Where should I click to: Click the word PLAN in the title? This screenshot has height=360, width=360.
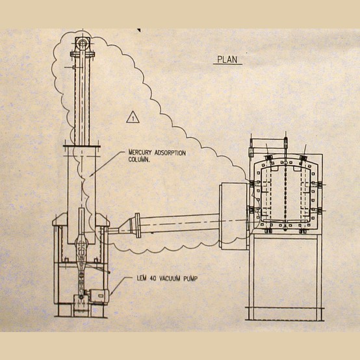coord(227,60)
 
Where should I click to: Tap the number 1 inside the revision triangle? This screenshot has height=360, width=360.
coord(133,119)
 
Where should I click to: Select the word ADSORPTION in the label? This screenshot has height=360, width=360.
coord(170,153)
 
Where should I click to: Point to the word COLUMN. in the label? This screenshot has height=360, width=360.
coord(139,160)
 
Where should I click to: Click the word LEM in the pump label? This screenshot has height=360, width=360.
coord(142,279)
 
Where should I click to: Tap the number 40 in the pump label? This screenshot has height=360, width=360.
coord(153,279)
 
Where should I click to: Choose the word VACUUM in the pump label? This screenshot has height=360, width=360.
coord(170,279)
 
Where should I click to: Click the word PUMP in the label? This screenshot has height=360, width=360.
coord(190,279)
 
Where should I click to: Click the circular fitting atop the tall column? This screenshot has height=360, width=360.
coord(82,43)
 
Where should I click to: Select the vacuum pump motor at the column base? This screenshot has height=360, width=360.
coord(99,296)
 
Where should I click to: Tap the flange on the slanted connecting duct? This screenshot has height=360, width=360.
coord(137,225)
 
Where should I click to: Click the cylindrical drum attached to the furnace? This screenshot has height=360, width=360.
coord(233,215)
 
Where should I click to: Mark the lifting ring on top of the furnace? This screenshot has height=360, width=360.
coord(286,140)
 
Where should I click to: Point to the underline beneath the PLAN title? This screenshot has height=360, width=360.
coord(227,64)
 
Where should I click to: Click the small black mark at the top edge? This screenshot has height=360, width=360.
coord(139,30)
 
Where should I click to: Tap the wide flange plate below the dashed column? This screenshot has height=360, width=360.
coord(82,146)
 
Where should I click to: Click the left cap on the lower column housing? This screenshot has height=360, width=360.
coord(60,220)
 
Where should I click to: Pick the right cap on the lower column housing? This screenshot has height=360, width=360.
coord(103,220)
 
